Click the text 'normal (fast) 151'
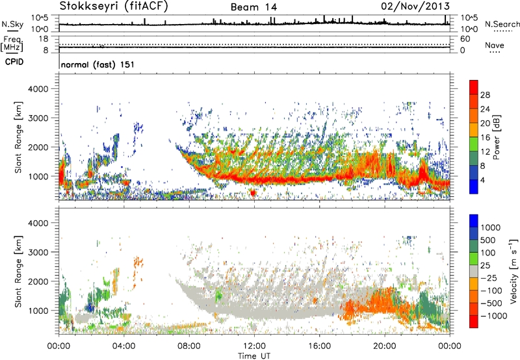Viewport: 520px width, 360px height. [x=97, y=65]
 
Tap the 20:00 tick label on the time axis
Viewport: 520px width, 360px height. [x=384, y=344]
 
